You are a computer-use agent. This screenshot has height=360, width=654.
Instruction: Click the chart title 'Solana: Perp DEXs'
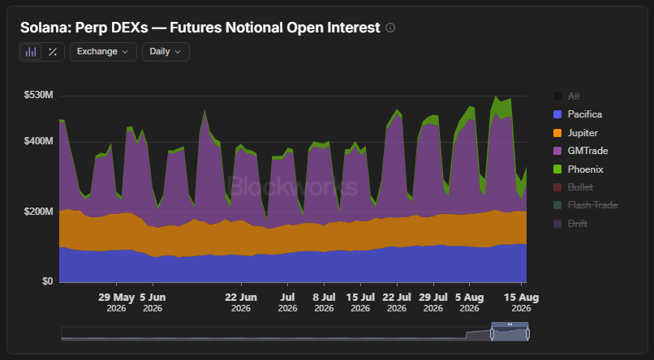84,28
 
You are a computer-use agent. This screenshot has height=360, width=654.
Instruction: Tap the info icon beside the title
390,28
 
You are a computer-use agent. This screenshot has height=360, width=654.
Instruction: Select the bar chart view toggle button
31,52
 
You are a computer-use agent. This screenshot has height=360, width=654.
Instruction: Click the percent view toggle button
53,52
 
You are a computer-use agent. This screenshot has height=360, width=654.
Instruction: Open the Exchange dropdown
103,52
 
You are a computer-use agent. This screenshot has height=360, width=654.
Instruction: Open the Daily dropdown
166,52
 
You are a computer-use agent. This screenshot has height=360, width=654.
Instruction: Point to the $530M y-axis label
39,95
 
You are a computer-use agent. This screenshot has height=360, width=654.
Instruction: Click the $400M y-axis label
39,141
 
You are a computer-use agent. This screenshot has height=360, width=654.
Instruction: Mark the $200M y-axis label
39,212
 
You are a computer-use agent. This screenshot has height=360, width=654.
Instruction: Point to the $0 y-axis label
48,281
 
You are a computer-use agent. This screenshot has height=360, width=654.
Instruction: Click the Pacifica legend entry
578,114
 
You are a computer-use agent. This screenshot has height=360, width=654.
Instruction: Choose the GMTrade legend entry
581,151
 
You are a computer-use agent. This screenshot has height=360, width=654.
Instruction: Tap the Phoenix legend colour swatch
557,169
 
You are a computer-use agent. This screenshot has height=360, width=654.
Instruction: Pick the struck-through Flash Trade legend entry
586,205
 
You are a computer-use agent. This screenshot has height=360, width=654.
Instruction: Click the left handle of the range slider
493,333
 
